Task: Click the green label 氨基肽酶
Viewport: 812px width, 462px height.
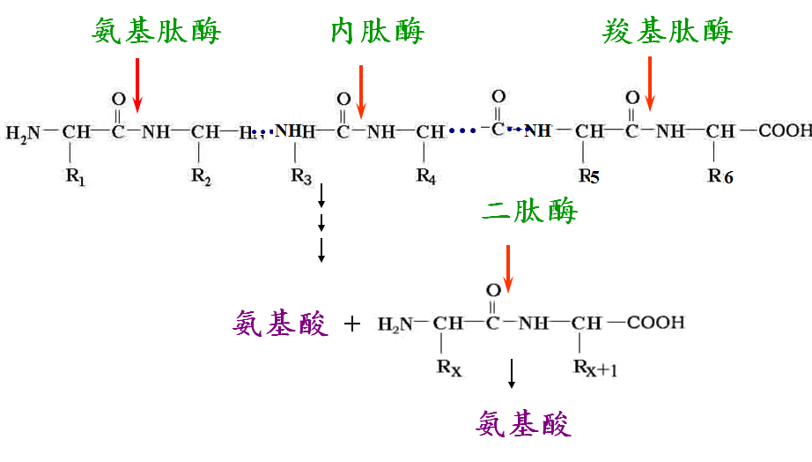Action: click(157, 31)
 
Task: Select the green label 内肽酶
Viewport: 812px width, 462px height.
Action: click(378, 31)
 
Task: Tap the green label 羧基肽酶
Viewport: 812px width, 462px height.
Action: click(667, 31)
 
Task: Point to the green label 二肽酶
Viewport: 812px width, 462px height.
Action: click(529, 211)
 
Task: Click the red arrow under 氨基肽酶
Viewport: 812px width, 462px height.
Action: click(137, 86)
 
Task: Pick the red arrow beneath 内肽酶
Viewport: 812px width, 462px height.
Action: click(361, 92)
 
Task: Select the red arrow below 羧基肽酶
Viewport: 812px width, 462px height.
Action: click(650, 84)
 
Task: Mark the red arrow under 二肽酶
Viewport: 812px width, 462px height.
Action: click(508, 269)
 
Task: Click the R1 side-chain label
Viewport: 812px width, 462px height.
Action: click(75, 177)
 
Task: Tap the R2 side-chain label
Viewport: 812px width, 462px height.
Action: click(201, 177)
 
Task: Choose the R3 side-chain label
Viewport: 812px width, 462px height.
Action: click(301, 177)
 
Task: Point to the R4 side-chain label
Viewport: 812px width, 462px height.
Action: click(426, 176)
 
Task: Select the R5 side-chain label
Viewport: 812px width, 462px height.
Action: click(589, 176)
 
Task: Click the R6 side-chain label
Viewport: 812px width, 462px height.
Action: click(720, 176)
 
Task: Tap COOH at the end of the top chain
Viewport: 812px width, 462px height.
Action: click(785, 130)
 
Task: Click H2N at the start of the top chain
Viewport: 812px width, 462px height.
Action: click(23, 133)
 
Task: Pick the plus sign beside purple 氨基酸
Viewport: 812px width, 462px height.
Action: click(352, 324)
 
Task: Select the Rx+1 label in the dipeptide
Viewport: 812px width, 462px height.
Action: click(595, 369)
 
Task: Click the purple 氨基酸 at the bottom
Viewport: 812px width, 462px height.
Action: click(523, 423)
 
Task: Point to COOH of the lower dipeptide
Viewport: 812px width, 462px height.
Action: click(655, 323)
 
